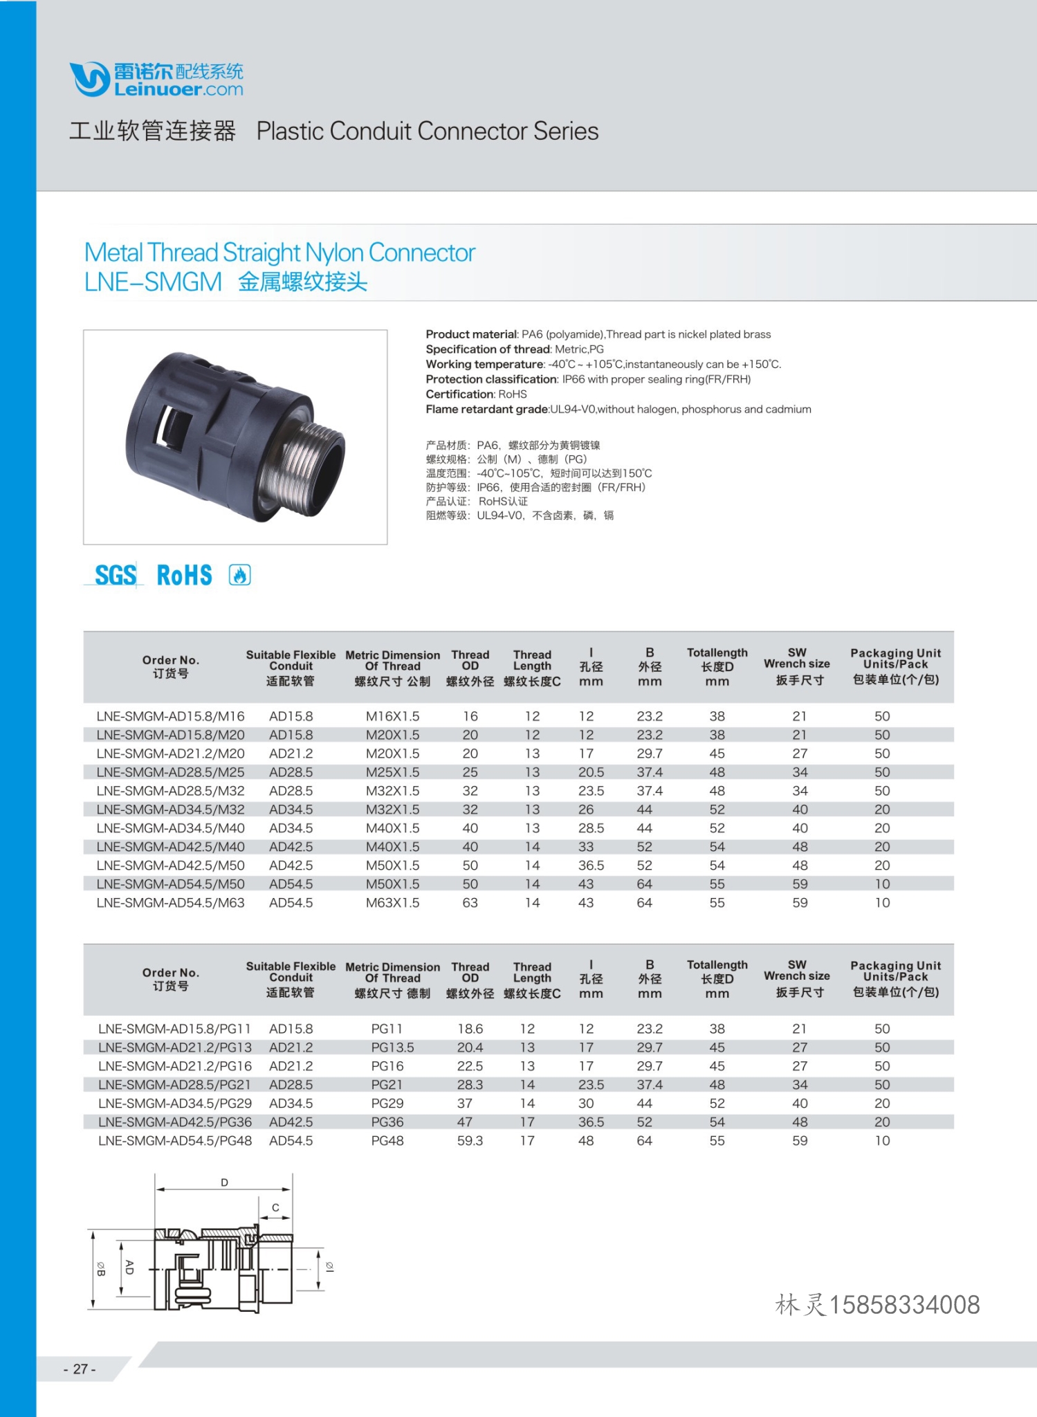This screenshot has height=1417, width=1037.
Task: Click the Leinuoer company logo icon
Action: pyautogui.click(x=89, y=79)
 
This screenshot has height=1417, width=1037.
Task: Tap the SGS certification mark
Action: pyautogui.click(x=115, y=575)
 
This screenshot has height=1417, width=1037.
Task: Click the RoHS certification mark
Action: pyautogui.click(x=184, y=575)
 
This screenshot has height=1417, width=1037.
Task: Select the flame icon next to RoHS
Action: pyautogui.click(x=240, y=575)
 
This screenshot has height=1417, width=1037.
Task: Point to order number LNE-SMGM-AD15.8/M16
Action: pyautogui.click(x=170, y=716)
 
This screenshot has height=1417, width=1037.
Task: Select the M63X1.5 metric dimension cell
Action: pyautogui.click(x=392, y=902)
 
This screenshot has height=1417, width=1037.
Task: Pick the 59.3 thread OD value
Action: pyautogui.click(x=470, y=1140)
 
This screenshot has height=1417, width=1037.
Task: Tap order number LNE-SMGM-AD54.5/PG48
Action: pyautogui.click(x=175, y=1140)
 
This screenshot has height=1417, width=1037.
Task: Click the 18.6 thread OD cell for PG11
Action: pyautogui.click(x=470, y=1029)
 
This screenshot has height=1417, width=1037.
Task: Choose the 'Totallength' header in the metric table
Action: pyautogui.click(x=717, y=652)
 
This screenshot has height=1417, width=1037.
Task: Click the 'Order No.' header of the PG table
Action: pyautogui.click(x=170, y=973)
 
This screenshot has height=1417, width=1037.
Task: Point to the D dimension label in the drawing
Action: pyautogui.click(x=224, y=1182)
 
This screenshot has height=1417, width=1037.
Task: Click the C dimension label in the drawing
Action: pyautogui.click(x=275, y=1207)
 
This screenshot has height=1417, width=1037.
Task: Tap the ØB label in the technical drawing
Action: pyautogui.click(x=101, y=1269)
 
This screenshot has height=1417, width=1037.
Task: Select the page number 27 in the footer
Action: pyautogui.click(x=80, y=1369)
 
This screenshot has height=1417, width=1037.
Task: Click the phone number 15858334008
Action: pyautogui.click(x=904, y=1305)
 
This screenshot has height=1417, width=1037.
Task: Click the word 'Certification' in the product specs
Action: pyautogui.click(x=459, y=394)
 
